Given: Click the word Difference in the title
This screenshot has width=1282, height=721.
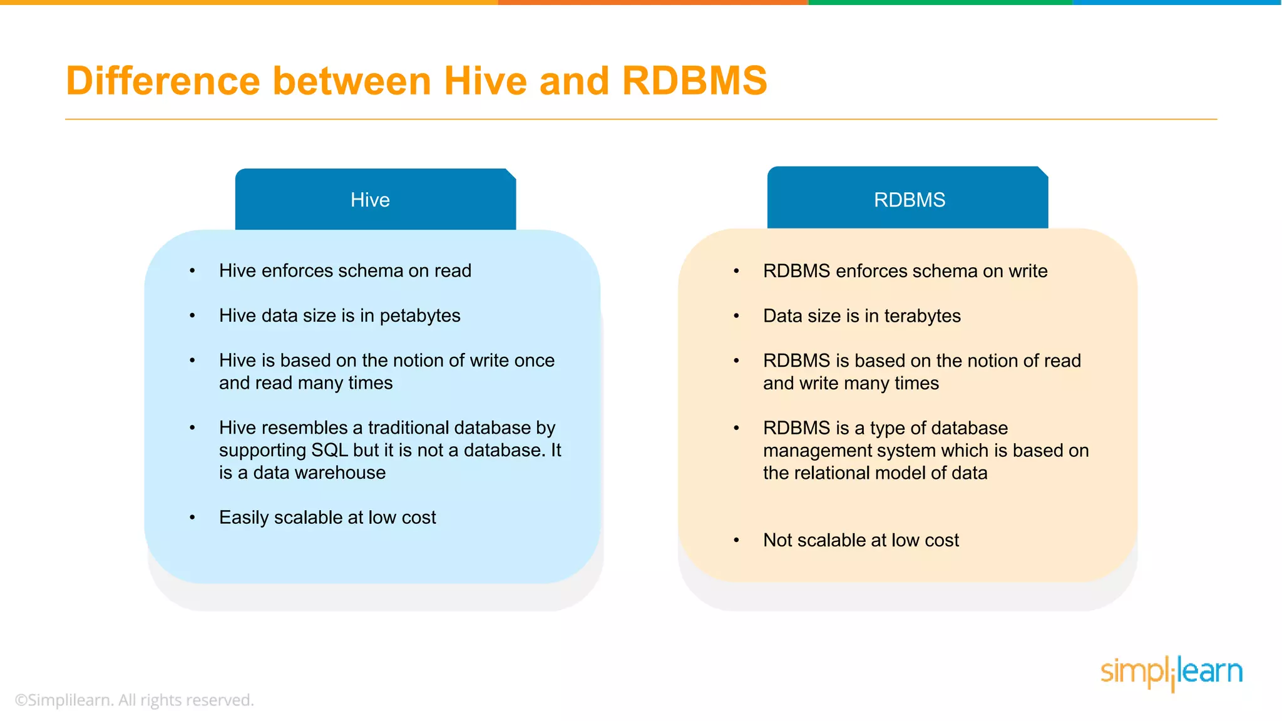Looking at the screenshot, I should pos(163,81).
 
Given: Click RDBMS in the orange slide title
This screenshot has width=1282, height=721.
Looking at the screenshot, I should pos(694,81).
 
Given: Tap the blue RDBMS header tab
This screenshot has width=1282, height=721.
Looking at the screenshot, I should pos(908,200).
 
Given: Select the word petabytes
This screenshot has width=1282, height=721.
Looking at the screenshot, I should pos(419,316).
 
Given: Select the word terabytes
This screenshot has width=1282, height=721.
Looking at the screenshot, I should pos(922,316).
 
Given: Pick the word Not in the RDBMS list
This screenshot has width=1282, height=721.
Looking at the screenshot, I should pos(777,540).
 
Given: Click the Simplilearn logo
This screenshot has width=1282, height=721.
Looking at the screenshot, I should pos(1171,673).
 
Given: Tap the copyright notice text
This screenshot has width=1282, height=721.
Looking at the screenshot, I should pos(135,700).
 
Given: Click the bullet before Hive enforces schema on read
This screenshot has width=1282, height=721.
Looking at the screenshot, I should pos(193,271).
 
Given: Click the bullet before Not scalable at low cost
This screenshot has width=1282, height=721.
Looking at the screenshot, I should pos(737,540).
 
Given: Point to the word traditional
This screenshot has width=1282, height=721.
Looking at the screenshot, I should pos(408,428).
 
